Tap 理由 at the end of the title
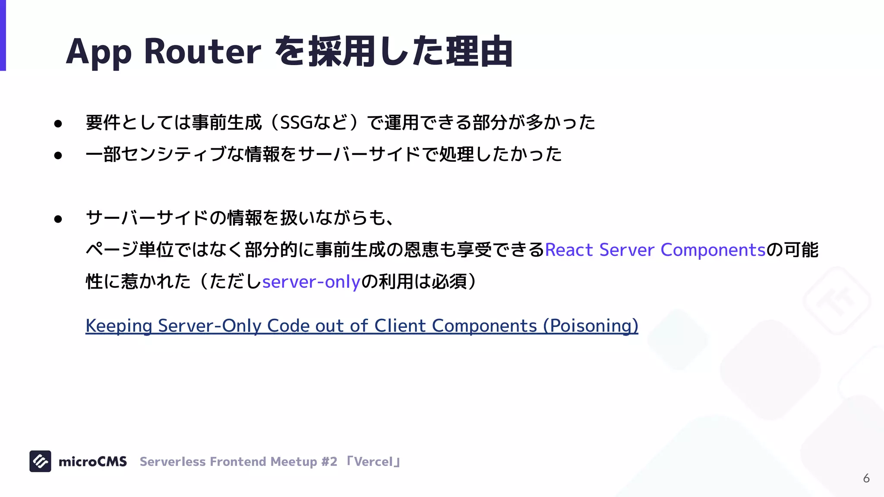point(479,52)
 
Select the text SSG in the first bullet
point(296,123)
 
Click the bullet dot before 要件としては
point(58,124)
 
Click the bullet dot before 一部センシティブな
point(58,155)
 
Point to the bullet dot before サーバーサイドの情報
point(58,219)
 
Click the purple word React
point(569,250)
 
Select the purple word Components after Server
point(713,250)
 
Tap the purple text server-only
point(311,282)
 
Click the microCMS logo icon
point(40,461)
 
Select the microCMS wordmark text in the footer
point(92,462)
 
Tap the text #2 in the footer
point(329,462)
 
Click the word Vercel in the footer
point(373,462)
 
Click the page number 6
point(866,478)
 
